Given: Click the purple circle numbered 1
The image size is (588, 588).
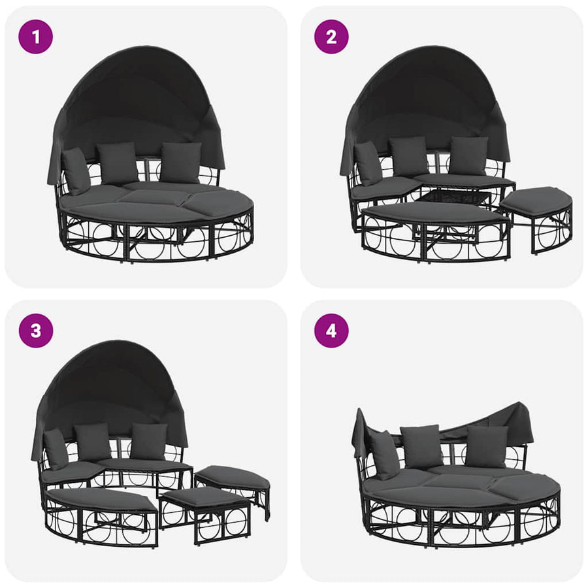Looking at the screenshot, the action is coord(36,37).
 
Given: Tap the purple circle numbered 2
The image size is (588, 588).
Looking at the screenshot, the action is coord(331,37).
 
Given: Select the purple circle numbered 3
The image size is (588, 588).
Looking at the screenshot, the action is coord(36,331).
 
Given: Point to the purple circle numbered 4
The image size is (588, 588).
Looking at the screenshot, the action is coord(331,331).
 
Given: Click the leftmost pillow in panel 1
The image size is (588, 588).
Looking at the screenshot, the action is coord(76,171).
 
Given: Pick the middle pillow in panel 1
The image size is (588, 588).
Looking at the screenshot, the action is coord(117,163).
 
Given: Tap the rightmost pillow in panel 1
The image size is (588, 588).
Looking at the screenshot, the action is coord(181,162).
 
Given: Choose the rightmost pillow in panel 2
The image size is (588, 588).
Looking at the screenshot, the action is coord(468,155).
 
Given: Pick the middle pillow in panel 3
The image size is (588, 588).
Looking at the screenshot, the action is coord(92,442).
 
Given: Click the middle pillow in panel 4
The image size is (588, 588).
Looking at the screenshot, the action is coord(421,446).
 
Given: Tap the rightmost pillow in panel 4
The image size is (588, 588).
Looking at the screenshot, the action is coord(487,446).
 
